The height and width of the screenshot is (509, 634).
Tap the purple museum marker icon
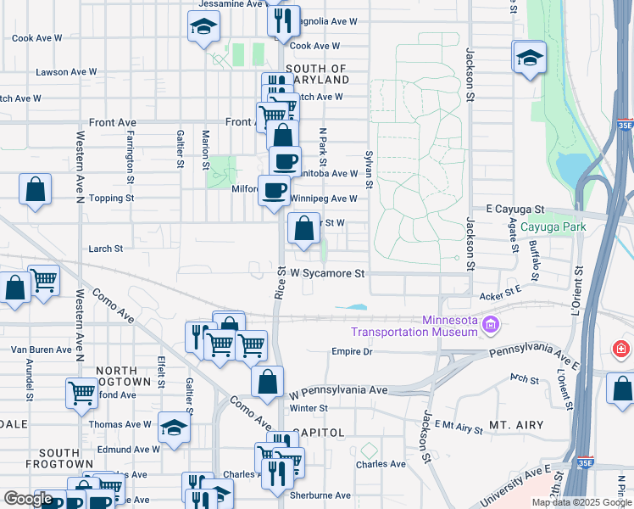click(490, 325)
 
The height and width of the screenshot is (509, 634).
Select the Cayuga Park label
click(553, 227)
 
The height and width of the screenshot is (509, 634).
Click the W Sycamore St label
click(327, 274)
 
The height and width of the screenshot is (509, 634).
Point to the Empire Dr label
click(352, 351)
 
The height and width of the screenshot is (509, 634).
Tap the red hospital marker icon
click(622, 349)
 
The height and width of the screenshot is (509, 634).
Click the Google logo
click(28, 499)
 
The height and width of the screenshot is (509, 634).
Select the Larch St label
click(106, 249)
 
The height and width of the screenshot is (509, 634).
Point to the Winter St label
click(309, 408)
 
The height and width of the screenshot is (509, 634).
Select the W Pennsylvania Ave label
click(338, 391)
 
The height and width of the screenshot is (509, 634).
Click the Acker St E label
click(499, 293)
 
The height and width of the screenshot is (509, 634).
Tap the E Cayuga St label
click(514, 209)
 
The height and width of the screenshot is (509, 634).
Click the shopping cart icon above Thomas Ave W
click(81, 392)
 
